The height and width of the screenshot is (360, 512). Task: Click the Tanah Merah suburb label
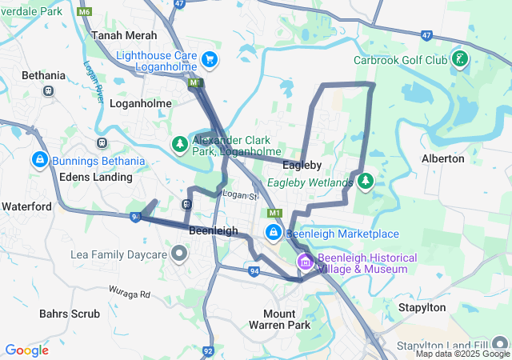click(124, 36)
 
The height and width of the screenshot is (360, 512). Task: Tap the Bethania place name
click(44, 75)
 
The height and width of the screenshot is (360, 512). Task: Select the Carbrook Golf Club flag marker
click(460, 59)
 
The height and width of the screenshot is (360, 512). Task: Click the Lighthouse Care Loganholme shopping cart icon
click(210, 59)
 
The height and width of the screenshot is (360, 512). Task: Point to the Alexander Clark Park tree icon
click(181, 145)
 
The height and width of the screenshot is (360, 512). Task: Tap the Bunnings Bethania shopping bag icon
click(38, 161)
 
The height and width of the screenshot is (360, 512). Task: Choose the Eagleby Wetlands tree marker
click(366, 182)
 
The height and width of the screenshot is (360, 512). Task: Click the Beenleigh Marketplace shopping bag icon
click(274, 233)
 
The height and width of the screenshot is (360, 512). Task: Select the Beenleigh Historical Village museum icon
click(305, 262)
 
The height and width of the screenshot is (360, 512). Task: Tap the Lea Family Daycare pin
click(179, 254)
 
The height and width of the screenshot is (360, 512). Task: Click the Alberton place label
click(442, 158)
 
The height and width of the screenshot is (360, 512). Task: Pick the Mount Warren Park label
click(286, 319)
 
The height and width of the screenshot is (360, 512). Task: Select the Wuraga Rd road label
click(130, 294)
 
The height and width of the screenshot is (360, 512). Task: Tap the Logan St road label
click(241, 195)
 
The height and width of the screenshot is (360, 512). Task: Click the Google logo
click(27, 350)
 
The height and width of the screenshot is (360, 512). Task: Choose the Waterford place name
click(26, 206)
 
